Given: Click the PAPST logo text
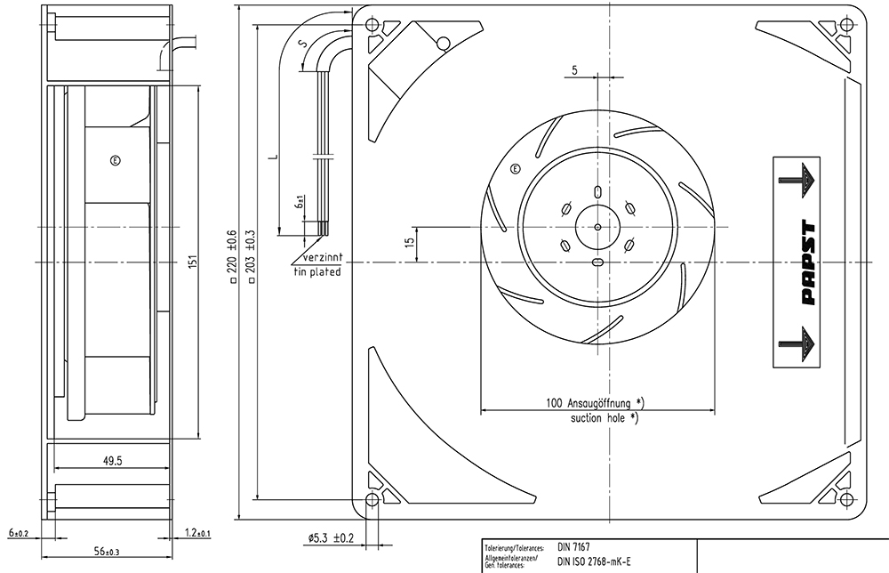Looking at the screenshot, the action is point(809,262).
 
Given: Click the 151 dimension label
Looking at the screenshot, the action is point(193,262).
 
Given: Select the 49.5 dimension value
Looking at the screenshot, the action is point(112,461).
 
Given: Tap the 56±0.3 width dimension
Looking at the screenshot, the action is point(107,551).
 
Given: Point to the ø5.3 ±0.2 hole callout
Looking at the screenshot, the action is point(331,537).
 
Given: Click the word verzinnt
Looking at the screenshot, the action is point(323,257).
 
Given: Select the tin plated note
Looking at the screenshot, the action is point(317,271).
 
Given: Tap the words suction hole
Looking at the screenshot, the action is point(597,418).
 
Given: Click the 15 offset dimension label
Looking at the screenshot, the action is point(410,241).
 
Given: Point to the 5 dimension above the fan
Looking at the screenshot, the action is point(574,70).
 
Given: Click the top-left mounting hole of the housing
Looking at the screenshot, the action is point(372,25).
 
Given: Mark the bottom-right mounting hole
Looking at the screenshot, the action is point(846,499).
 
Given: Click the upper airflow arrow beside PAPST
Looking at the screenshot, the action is point(799,181).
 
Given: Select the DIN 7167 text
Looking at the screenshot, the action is point(573,547).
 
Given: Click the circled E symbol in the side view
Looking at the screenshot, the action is point(116,161).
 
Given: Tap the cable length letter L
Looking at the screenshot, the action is point(274,156).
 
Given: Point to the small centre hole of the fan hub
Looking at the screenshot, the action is point(597,227).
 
